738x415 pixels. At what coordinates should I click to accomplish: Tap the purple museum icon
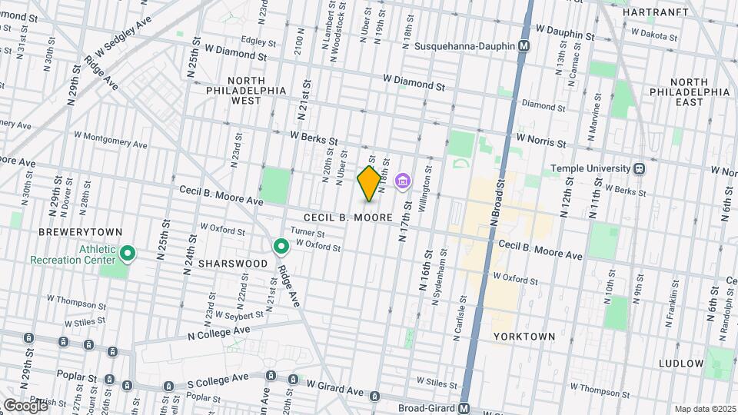[x=402, y=181]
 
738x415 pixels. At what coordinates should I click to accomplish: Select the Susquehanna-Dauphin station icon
[x=524, y=46]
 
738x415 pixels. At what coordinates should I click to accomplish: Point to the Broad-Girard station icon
[x=464, y=408]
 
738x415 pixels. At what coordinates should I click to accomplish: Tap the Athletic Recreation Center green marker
[x=128, y=253]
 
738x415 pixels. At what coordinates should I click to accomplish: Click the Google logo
[x=25, y=405]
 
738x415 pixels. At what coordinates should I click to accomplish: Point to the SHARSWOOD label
[x=232, y=263]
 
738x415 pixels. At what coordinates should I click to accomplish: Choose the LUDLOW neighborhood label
[x=681, y=363]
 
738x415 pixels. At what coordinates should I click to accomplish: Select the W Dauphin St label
[x=565, y=32]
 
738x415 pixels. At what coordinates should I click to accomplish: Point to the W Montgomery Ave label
[x=110, y=139]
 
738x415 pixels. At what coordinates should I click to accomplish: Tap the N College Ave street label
[x=219, y=333]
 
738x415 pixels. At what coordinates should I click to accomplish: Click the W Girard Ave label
[x=334, y=387]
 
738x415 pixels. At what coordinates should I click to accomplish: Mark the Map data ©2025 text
[x=703, y=409]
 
